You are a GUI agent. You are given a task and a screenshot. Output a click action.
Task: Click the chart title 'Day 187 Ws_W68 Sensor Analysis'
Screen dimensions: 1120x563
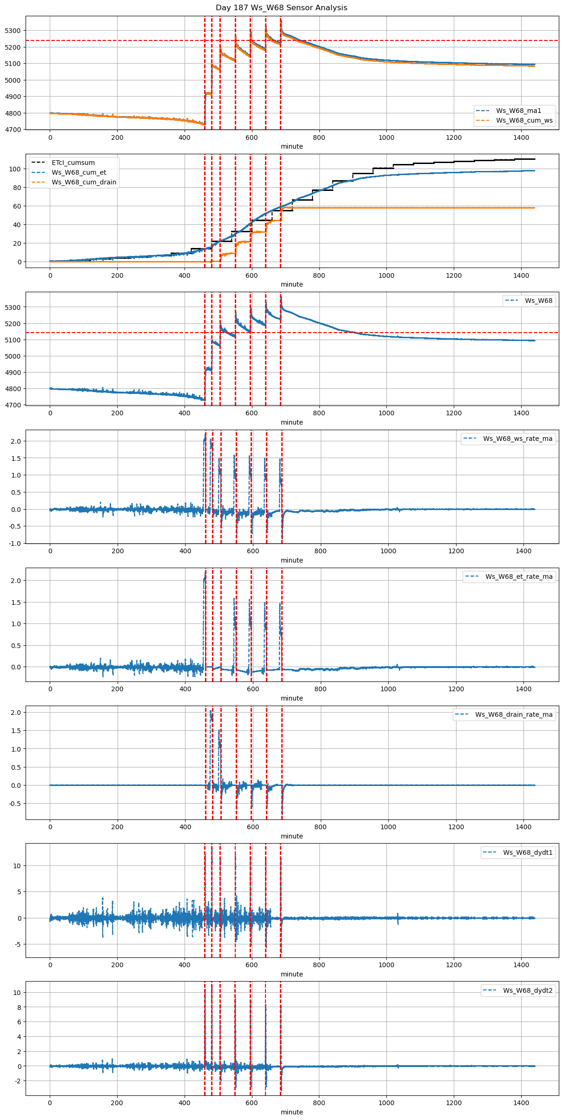[x=281, y=8]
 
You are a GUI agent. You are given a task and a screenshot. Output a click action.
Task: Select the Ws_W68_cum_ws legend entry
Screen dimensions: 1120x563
[x=524, y=120]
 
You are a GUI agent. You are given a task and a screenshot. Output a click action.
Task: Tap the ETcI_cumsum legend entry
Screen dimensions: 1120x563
[x=73, y=163]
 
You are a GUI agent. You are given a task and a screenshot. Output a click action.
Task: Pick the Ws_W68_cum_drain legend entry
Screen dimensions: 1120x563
[x=84, y=182]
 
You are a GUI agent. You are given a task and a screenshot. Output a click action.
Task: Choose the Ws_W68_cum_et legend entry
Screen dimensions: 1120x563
[x=79, y=172]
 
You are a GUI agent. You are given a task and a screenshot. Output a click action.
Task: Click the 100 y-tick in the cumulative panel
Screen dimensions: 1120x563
[x=16, y=169]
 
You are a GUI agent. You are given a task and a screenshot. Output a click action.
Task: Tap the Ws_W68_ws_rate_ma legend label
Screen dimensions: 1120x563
[x=517, y=439]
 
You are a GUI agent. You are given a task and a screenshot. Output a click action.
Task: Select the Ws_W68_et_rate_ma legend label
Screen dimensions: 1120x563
[x=519, y=576]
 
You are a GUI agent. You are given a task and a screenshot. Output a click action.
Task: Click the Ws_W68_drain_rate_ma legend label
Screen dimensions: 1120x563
[x=514, y=714]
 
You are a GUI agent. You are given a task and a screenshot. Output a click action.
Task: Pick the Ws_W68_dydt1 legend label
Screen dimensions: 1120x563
[x=528, y=852]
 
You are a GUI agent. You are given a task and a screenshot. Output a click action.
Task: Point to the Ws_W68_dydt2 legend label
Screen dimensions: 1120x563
[x=528, y=990]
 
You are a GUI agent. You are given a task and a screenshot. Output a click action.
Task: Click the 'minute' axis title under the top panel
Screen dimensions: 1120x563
[x=292, y=146]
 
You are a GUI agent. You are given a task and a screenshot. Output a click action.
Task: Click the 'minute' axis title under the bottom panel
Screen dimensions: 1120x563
[x=292, y=1112]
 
